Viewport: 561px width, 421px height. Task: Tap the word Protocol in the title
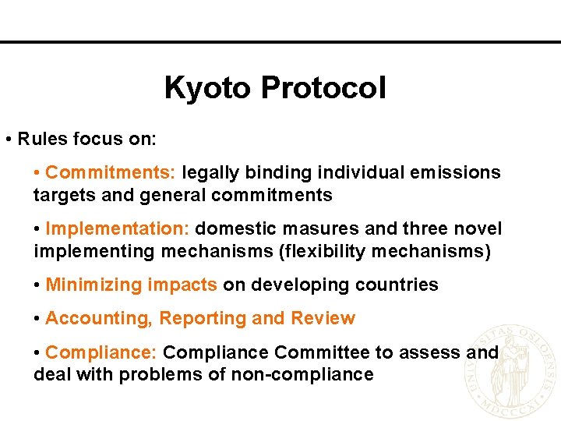click(x=323, y=88)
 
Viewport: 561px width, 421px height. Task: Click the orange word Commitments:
click(x=113, y=172)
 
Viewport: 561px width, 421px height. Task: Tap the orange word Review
click(x=323, y=318)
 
